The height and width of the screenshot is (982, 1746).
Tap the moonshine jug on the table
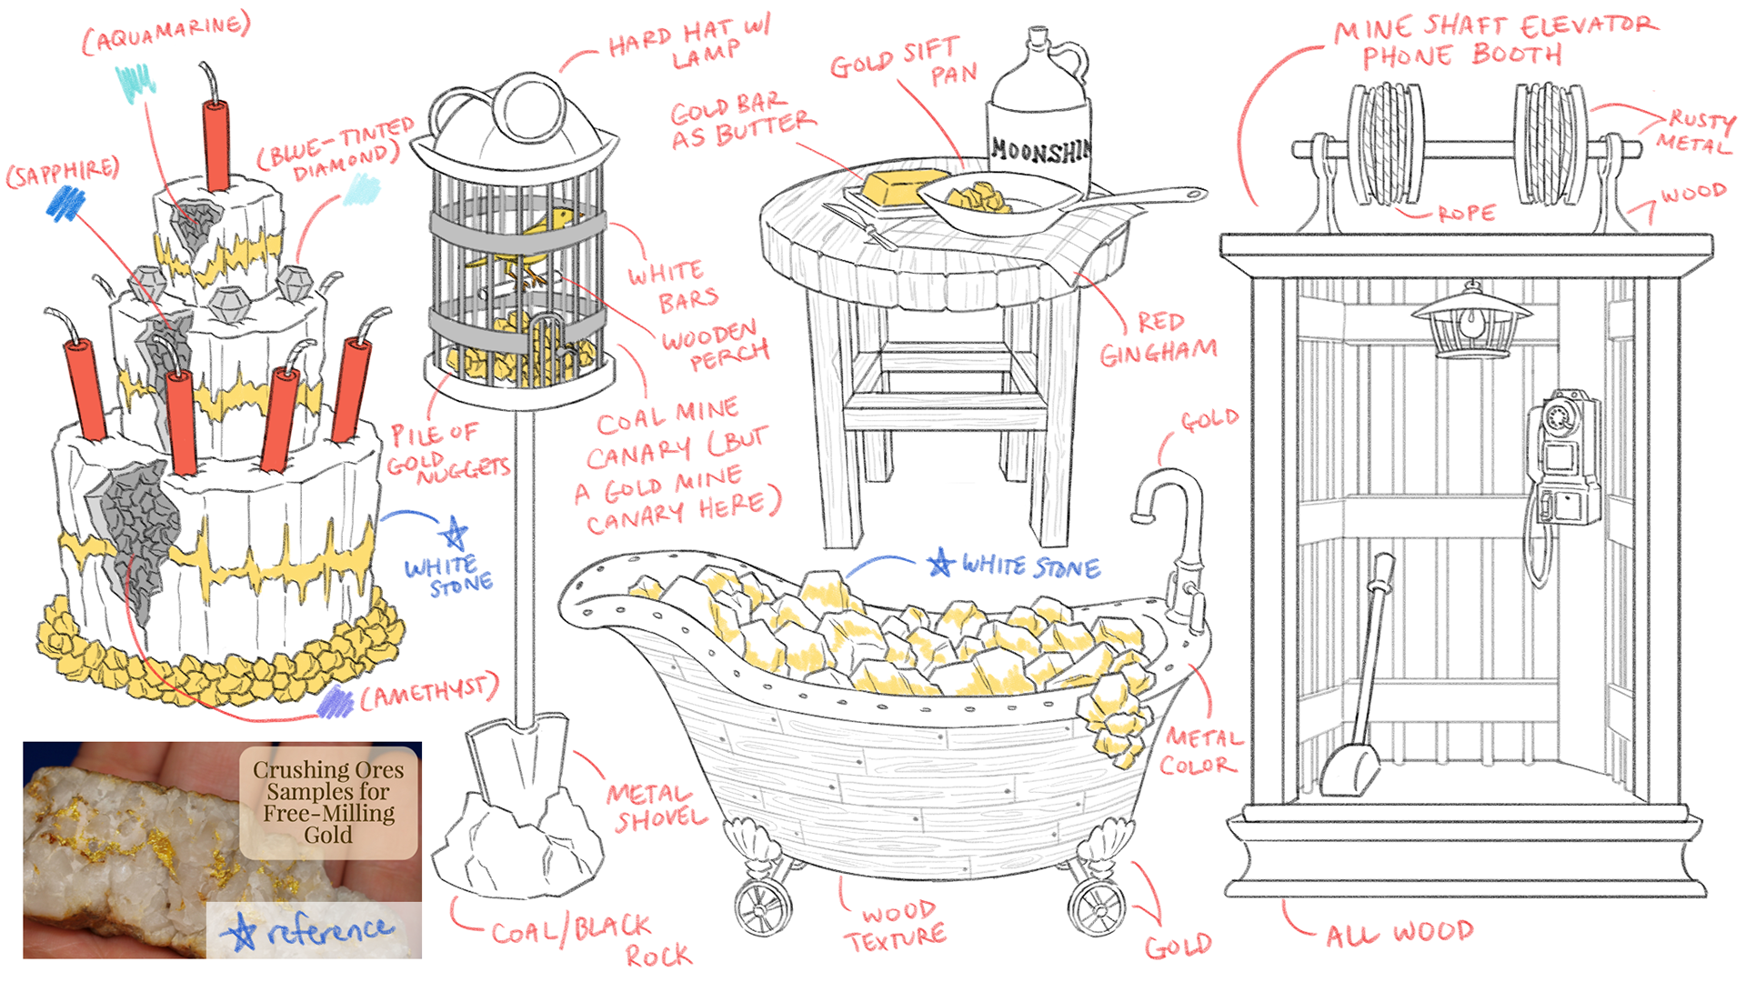tap(1039, 114)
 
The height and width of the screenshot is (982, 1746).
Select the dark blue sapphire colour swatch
tap(65, 204)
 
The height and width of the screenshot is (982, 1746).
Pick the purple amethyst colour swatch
tap(336, 703)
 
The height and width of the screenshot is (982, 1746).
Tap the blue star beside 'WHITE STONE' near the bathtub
tap(941, 563)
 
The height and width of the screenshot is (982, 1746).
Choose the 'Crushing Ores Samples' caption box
tap(328, 803)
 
